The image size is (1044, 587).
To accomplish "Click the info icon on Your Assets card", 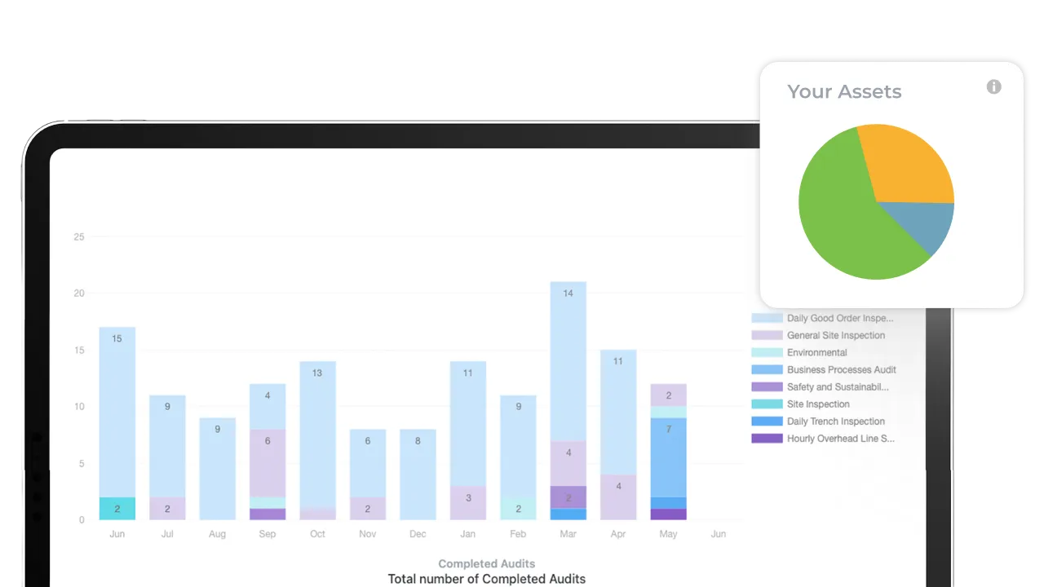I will [x=993, y=86].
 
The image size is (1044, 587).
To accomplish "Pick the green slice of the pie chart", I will [x=848, y=220].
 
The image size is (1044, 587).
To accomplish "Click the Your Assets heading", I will [x=844, y=91].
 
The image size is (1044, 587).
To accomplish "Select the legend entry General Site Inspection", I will [x=835, y=335].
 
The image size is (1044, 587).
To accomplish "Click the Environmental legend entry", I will [x=816, y=352].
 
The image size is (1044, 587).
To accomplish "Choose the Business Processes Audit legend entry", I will [x=841, y=369].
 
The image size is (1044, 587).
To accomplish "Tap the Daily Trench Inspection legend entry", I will [x=835, y=421].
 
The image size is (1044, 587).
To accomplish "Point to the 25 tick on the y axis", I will [x=79, y=237].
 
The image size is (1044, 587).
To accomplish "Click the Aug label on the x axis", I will [x=217, y=534].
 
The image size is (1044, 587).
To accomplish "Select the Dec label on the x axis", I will [x=418, y=534].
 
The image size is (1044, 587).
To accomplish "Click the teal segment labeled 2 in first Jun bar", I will [x=117, y=509].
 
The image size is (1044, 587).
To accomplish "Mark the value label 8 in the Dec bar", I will [x=418, y=441].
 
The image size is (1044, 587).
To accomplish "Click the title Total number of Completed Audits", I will [x=486, y=579].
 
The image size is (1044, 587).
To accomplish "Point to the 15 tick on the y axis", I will [x=79, y=351].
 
